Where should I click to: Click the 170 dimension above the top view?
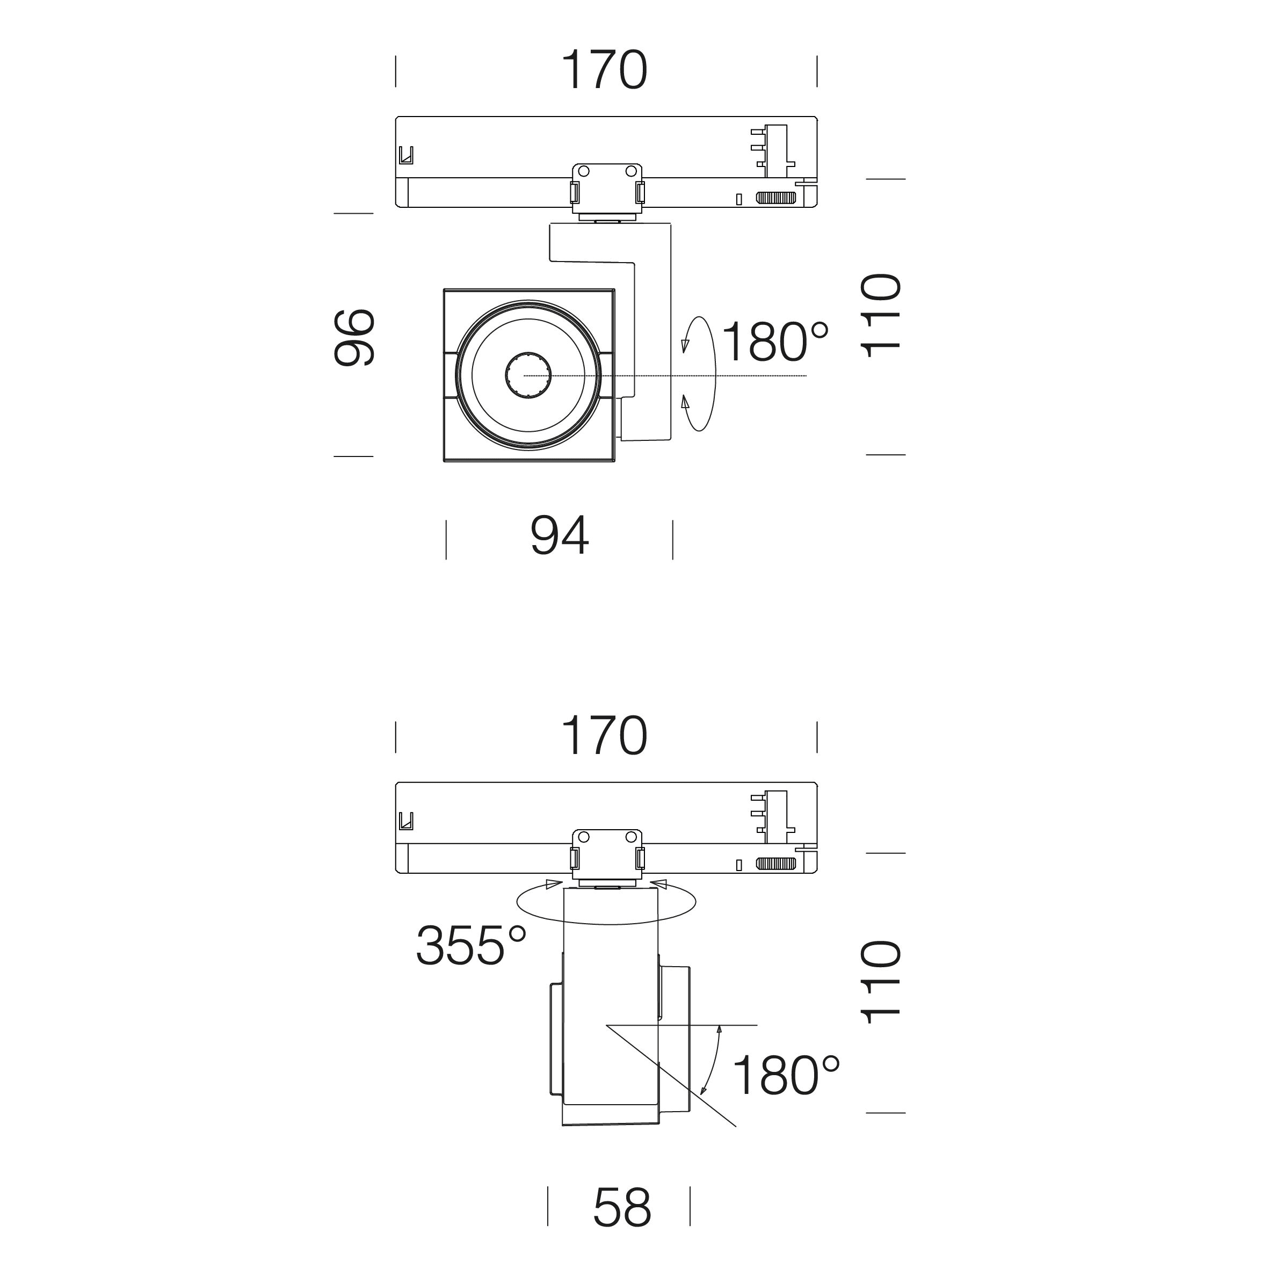[x=605, y=70]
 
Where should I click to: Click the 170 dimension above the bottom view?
[x=605, y=736]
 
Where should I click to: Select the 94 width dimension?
[x=560, y=536]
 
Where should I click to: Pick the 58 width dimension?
[x=622, y=1207]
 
